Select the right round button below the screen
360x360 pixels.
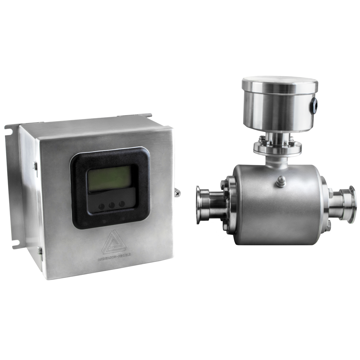coord(122,204)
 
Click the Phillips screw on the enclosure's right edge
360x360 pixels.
coord(177,193)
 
